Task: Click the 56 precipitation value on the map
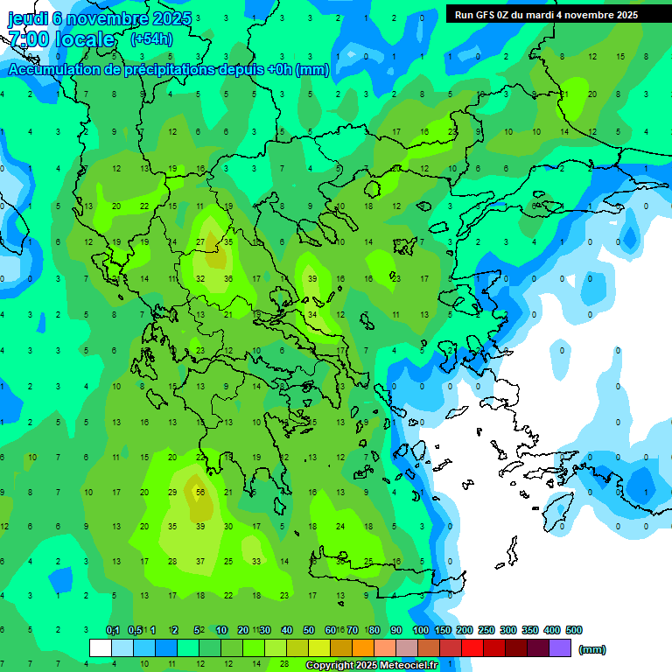(200, 493)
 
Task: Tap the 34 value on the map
(312, 315)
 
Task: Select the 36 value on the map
(228, 279)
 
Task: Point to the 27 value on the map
(200, 242)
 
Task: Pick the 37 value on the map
(200, 562)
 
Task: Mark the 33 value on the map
(256, 562)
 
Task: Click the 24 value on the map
(340, 527)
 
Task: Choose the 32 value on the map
(200, 279)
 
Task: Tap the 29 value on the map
(172, 493)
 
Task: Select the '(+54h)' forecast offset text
(151, 39)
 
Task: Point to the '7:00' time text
(27, 39)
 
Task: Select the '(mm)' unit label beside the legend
(592, 649)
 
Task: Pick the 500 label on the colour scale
(574, 630)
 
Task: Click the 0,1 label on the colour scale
(113, 630)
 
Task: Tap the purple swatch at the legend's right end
(560, 648)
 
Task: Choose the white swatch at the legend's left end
(101, 648)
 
